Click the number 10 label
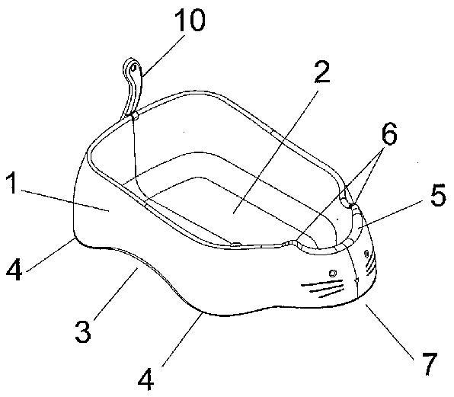[190, 21]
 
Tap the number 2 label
[322, 72]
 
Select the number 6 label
[388, 134]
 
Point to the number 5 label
[438, 196]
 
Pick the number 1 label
[11, 183]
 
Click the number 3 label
[83, 332]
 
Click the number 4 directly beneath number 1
[14, 270]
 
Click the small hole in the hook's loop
[133, 68]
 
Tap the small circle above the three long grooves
[333, 273]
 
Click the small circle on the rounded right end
[366, 254]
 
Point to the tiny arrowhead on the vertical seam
[357, 280]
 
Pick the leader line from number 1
[66, 201]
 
